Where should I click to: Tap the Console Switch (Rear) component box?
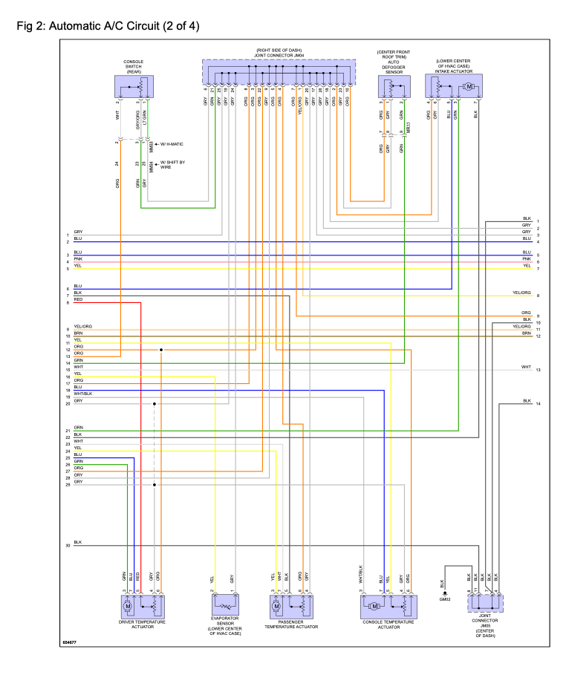coord(134,88)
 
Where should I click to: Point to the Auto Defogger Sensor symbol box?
coord(393,87)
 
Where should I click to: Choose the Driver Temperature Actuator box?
coord(142,606)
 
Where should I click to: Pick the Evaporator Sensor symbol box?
coord(224,606)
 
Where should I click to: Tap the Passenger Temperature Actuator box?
coord(290,606)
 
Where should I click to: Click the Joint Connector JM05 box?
coord(484,602)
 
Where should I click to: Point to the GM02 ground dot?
coord(444,593)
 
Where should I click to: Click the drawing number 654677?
coord(71,642)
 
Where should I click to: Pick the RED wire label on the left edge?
coord(78,299)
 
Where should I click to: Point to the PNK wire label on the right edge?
coord(527,259)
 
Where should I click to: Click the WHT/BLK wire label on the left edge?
coord(82,394)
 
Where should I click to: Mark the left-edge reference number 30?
coord(67,545)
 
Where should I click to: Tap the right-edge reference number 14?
coord(538,403)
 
